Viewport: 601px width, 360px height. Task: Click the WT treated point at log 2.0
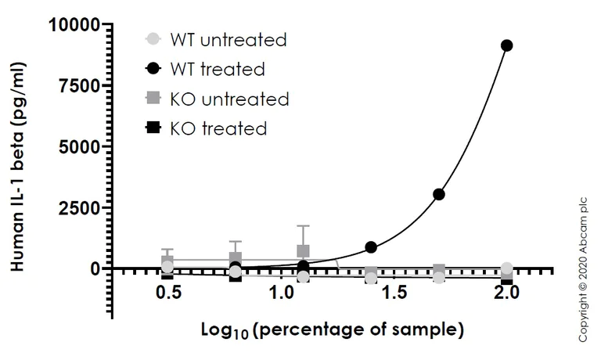[506, 45]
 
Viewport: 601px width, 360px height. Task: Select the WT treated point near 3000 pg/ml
[439, 194]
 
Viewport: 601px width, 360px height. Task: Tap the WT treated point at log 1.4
[371, 247]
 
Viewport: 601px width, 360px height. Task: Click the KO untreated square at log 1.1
[303, 251]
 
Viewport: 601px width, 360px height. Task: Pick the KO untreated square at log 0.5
[167, 261]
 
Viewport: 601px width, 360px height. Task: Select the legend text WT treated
[218, 69]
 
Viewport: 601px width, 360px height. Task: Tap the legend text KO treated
[218, 128]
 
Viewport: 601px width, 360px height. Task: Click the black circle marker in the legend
[154, 69]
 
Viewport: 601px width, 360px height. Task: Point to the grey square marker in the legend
[154, 99]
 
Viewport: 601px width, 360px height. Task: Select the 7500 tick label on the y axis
[81, 85]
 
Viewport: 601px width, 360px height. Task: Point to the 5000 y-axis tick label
[81, 146]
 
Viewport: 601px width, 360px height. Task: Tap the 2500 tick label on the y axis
[81, 207]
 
